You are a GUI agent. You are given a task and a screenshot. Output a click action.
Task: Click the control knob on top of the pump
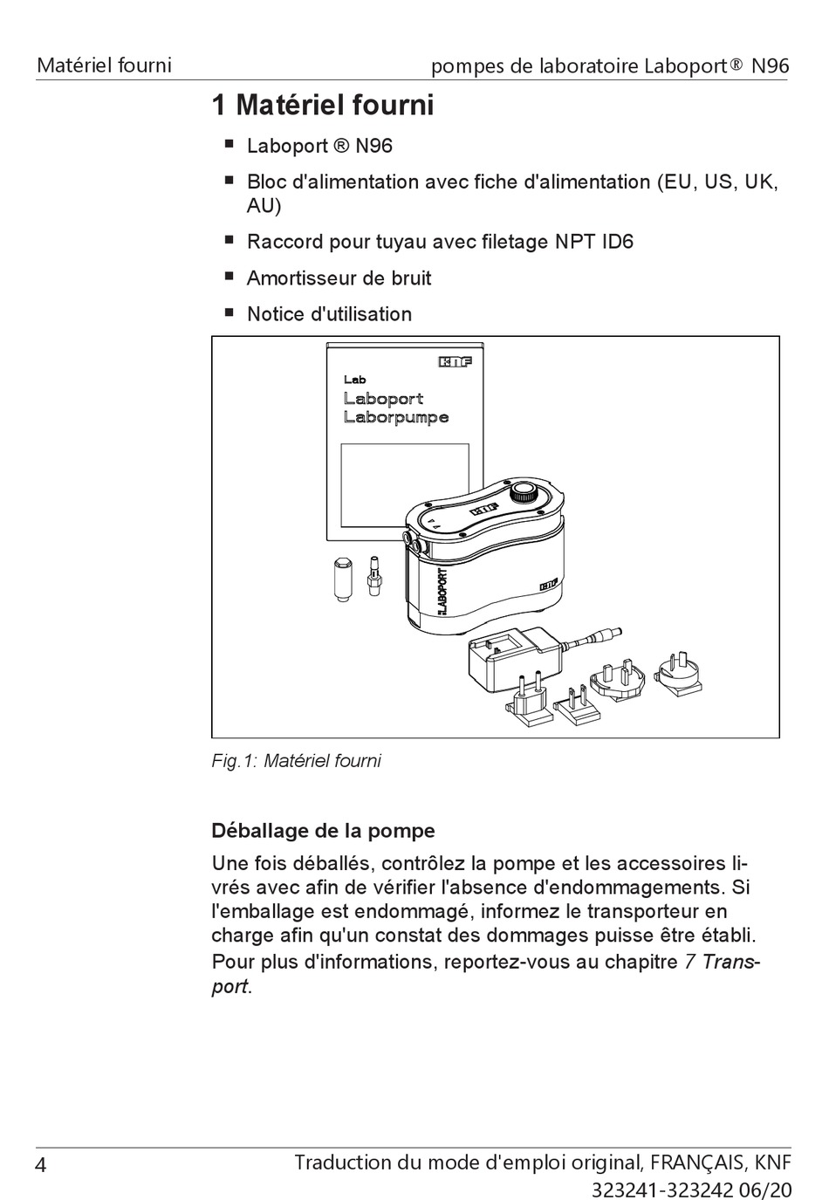[525, 492]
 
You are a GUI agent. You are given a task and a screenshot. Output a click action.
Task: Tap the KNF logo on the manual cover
[455, 361]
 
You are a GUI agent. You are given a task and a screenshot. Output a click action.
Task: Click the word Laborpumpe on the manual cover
[396, 417]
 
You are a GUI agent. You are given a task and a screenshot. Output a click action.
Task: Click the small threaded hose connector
[375, 577]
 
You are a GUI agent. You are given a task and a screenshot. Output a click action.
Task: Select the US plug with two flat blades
[576, 706]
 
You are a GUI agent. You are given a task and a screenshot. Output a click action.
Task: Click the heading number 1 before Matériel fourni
[220, 106]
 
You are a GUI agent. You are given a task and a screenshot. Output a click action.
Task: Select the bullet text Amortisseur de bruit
[339, 278]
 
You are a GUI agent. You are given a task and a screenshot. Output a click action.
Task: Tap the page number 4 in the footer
[41, 1165]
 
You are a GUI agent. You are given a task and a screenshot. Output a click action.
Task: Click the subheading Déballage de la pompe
[323, 830]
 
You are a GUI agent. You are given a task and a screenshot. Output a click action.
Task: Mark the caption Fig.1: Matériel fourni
[296, 761]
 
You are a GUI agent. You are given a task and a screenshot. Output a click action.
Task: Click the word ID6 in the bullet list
[617, 242]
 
